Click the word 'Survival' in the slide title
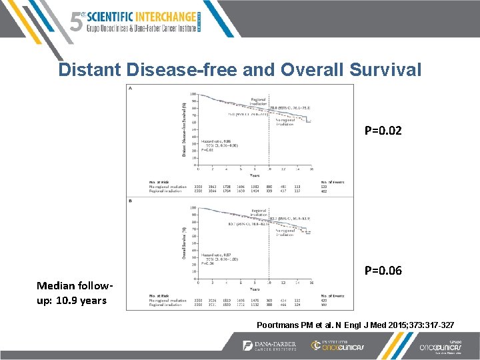pyautogui.click(x=378, y=70)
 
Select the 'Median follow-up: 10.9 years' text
pyautogui.click(x=73, y=293)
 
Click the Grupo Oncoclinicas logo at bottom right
pyautogui.click(x=434, y=346)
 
